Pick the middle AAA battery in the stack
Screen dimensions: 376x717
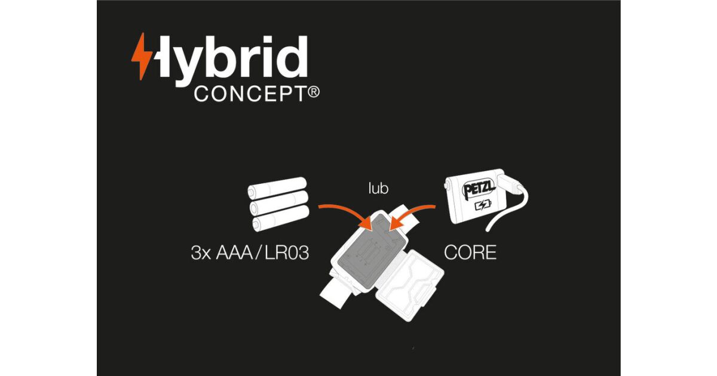(279, 206)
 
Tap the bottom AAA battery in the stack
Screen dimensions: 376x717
(281, 223)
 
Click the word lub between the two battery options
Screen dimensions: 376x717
(378, 189)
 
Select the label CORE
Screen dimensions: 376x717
(470, 252)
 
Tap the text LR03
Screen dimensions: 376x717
(289, 252)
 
